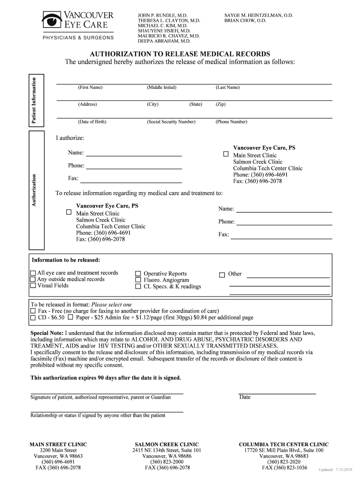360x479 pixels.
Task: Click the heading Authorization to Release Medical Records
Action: tap(180, 54)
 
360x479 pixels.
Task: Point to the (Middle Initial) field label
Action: tap(161, 87)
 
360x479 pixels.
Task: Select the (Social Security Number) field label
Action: tap(171, 122)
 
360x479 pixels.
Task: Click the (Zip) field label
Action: tap(220, 104)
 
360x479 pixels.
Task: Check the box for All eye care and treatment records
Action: tap(33, 273)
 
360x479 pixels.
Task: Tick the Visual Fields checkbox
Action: tap(33, 285)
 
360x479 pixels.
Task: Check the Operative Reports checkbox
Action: tap(138, 274)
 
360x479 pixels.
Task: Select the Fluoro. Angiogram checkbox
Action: tap(138, 280)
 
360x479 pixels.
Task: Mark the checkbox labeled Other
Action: tap(222, 274)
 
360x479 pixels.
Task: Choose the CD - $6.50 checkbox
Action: tap(33, 317)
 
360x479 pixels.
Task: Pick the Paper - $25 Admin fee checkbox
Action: tap(70, 317)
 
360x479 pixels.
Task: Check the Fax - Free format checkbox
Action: tap(33, 311)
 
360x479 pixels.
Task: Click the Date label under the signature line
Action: tap(245, 397)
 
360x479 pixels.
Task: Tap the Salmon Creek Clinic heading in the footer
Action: tap(167, 444)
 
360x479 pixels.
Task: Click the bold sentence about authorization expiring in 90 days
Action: tap(106, 377)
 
